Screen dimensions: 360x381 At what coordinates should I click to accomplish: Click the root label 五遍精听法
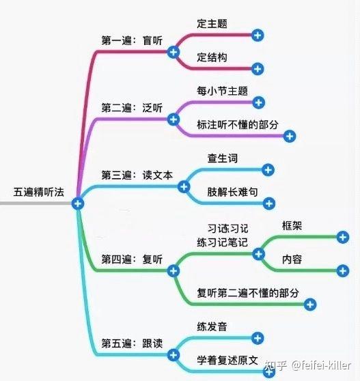coord(39,192)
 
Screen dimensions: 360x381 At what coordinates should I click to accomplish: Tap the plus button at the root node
coord(78,203)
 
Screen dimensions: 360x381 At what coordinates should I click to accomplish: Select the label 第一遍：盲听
coord(132,40)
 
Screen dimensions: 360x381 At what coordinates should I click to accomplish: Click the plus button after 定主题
coord(258,36)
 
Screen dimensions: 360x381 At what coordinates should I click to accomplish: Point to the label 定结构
coord(212,57)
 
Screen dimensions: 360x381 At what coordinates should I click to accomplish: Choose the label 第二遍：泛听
coord(132,108)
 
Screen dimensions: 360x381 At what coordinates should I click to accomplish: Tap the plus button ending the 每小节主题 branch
coord(259,102)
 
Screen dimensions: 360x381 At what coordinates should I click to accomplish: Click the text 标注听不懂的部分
coord(238,125)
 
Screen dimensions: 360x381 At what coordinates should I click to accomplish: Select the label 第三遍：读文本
coord(137,175)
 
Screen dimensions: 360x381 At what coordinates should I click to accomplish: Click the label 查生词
coord(223,158)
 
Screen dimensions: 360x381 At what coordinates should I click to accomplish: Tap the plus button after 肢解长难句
coord(269,203)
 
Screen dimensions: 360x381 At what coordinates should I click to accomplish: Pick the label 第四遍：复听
coord(132,259)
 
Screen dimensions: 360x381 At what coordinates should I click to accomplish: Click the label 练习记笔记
coord(222,242)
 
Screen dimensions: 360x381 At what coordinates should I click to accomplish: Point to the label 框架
coord(292,225)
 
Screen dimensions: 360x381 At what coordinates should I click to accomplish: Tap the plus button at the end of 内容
coord(343,271)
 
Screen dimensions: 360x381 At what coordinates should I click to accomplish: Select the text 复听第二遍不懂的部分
coord(248,293)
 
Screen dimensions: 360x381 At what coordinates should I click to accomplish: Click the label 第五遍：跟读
coord(132,343)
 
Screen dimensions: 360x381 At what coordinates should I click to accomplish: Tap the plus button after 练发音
coord(258,338)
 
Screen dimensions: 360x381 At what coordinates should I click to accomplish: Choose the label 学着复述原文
coord(227,360)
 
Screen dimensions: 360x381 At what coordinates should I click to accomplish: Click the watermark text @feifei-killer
coord(321,365)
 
